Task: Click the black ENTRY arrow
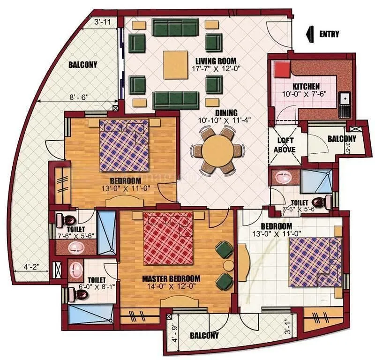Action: [309, 34]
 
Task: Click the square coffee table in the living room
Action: [175, 64]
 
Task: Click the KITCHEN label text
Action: [306, 87]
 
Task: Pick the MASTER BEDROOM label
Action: [171, 278]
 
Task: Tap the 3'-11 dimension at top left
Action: [103, 22]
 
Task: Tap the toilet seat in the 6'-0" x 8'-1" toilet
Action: [81, 294]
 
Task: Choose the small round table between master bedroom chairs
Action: [228, 265]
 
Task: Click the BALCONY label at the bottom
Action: [204, 336]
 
